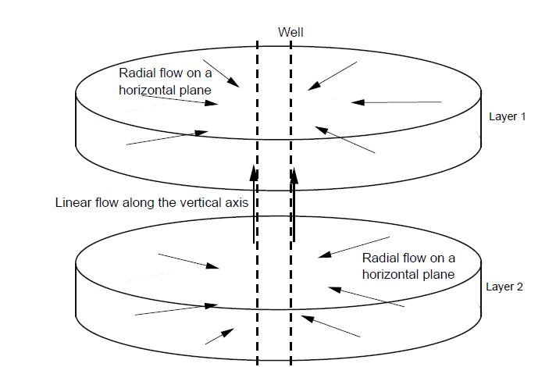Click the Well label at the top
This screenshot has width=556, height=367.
(x=290, y=32)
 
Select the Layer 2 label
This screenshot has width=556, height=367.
(x=504, y=287)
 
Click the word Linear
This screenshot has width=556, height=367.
(x=73, y=203)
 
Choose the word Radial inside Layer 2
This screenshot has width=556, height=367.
(x=381, y=258)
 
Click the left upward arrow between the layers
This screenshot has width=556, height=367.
(x=254, y=203)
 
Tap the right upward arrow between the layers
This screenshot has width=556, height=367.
(x=294, y=203)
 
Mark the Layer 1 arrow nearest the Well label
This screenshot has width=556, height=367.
(x=327, y=77)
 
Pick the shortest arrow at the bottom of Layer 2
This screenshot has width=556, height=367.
(x=219, y=336)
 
